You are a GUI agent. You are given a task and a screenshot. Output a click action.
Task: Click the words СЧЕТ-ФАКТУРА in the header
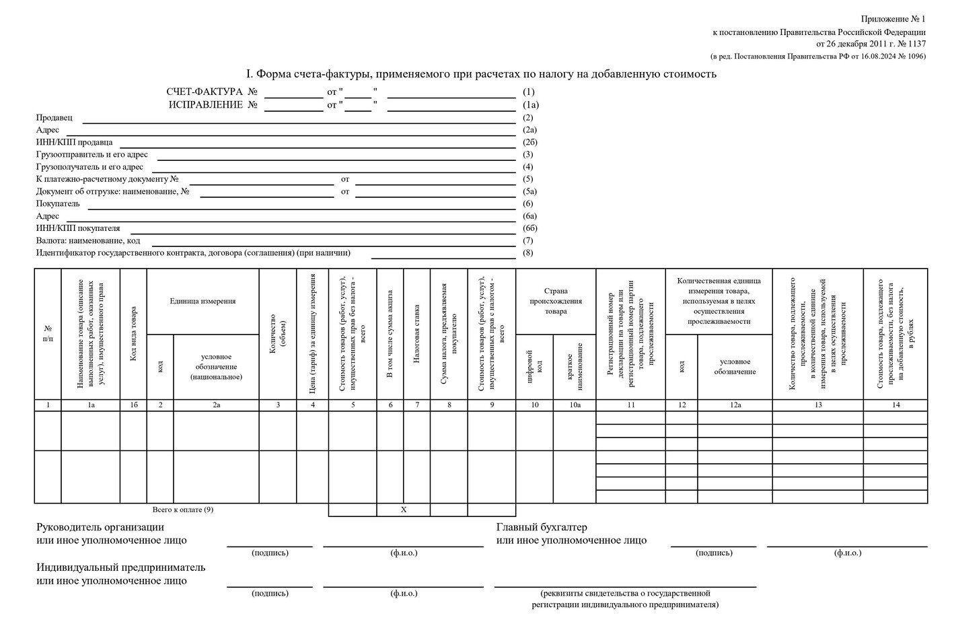pyautogui.click(x=204, y=92)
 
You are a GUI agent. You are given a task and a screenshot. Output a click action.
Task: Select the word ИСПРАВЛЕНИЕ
pyautogui.click(x=205, y=104)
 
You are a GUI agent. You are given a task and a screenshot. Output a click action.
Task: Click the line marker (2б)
pyautogui.click(x=530, y=142)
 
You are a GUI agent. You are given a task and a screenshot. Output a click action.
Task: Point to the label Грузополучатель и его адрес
pyautogui.click(x=89, y=167)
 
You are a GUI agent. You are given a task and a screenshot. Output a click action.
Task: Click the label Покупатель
pyautogui.click(x=58, y=203)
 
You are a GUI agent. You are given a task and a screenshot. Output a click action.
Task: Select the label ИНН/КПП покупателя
pyautogui.click(x=78, y=228)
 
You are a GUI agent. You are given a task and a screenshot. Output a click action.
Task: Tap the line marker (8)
pyautogui.click(x=528, y=253)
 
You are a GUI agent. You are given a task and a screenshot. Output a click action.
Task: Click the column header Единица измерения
pyautogui.click(x=203, y=301)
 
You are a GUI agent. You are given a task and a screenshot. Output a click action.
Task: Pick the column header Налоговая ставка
pyautogui.click(x=416, y=333)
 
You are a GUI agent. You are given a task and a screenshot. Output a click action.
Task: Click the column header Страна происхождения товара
pyautogui.click(x=556, y=301)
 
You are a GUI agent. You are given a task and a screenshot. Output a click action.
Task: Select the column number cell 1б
pyautogui.click(x=133, y=405)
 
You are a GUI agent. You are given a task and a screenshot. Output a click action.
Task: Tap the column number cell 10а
pyautogui.click(x=575, y=405)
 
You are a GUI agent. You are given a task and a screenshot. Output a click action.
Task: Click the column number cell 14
pyautogui.click(x=895, y=405)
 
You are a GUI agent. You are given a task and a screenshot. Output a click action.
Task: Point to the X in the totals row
pyautogui.click(x=404, y=510)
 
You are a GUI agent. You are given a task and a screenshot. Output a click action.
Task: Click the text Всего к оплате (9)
pyautogui.click(x=183, y=510)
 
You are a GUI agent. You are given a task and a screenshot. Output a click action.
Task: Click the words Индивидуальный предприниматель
pyautogui.click(x=121, y=567)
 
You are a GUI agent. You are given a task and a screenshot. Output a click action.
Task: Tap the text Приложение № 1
pyautogui.click(x=893, y=19)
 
